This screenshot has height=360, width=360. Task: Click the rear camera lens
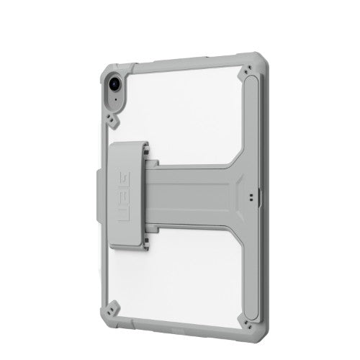pos(114,84)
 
